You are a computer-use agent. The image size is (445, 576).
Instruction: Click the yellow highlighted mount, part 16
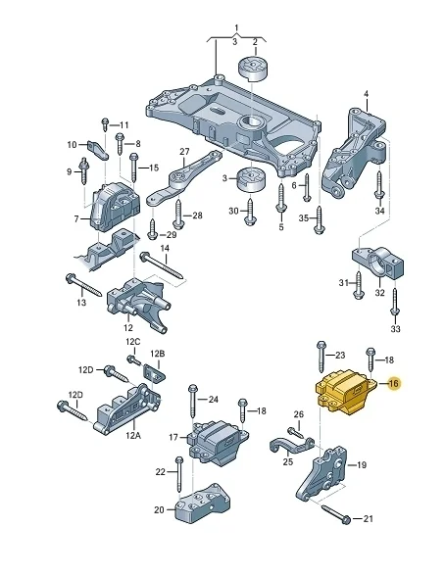point(345,393)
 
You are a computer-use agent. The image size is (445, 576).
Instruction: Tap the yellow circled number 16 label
point(393,384)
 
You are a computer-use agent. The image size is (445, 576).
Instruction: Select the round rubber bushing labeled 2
point(253,69)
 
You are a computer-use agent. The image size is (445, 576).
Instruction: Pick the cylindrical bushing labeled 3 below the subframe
point(251,179)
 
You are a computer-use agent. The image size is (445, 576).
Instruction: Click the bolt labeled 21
point(336,514)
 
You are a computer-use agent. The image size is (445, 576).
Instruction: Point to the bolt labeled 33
point(394,302)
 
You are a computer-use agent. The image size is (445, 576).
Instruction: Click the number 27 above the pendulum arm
point(184,151)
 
